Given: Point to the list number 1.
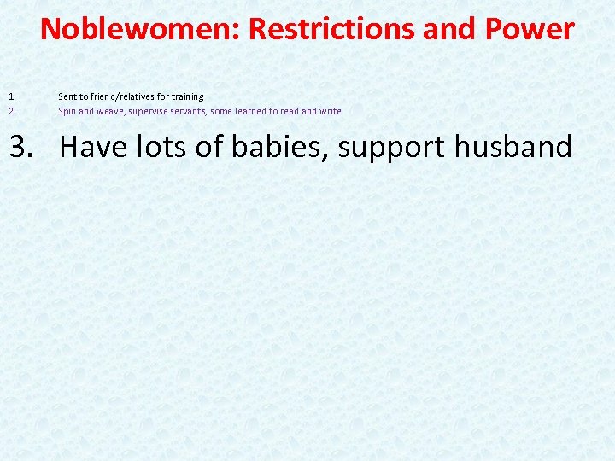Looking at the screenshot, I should [x=12, y=96].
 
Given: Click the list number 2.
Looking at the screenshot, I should [x=12, y=111].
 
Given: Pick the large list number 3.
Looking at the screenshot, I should [x=23, y=147].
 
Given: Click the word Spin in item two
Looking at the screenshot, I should [x=67, y=111].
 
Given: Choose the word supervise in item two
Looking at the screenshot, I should [x=149, y=111].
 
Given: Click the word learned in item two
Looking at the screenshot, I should [x=252, y=111].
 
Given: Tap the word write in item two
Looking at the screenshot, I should [x=330, y=111].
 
